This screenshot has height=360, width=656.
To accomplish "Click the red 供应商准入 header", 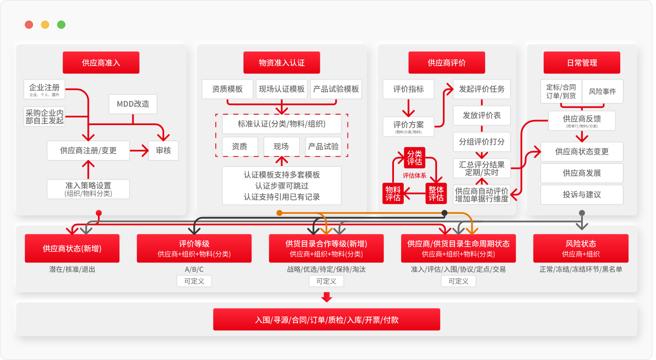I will click(101, 63).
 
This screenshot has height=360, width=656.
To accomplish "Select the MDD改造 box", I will click(133, 104).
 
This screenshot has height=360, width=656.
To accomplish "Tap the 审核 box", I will click(163, 150).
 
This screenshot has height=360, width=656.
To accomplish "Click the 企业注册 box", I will click(44, 89).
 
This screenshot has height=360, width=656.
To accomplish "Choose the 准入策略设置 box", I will click(88, 189).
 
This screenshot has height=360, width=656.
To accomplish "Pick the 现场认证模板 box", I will click(282, 89).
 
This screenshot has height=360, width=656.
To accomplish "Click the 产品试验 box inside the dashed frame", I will click(323, 146).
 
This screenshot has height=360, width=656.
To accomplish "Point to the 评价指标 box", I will click(408, 89).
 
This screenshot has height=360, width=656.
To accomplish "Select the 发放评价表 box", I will click(482, 115).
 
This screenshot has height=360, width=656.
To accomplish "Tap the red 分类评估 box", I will click(414, 157).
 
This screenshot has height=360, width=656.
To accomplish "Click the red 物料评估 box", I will click(393, 193).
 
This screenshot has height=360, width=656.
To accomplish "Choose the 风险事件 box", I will click(602, 91).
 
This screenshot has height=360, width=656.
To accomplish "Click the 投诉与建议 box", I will click(582, 194).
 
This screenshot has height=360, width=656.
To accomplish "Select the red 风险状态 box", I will click(581, 248).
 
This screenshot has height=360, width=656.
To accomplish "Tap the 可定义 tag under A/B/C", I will click(194, 281).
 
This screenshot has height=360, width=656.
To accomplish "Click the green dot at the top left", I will click(61, 25).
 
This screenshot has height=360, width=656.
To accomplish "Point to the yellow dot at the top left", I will click(45, 25).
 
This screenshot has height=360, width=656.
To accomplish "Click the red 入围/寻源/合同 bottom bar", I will click(326, 320).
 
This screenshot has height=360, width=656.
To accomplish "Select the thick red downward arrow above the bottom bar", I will click(327, 297).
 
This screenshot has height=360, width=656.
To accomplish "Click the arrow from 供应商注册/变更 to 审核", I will click(139, 150).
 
